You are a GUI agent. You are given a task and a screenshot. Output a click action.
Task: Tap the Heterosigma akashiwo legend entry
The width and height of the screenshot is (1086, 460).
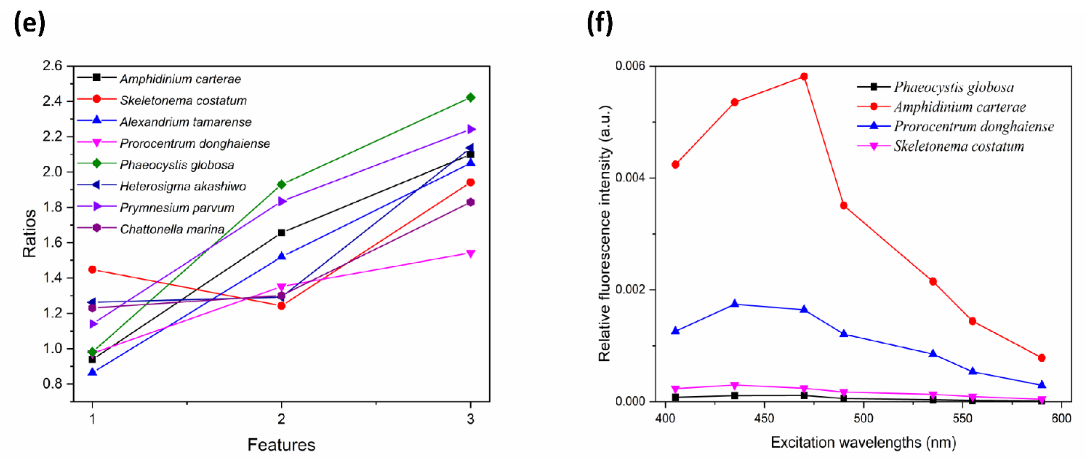point(182,186)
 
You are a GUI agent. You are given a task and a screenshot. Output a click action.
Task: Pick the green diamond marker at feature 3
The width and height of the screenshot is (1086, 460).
point(470,98)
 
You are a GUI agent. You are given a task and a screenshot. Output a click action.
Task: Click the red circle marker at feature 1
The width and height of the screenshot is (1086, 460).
point(92,269)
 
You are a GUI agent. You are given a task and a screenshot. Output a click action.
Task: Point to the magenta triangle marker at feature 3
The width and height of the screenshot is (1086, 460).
point(470,253)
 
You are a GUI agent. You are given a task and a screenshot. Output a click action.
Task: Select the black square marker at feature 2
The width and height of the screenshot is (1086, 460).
point(281,233)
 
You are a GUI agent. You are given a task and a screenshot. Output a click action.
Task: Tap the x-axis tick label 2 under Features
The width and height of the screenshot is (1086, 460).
point(281,419)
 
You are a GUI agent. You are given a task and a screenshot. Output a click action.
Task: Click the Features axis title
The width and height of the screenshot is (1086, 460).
point(281,445)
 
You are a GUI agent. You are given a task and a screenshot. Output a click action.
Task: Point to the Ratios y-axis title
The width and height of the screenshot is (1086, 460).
point(30,233)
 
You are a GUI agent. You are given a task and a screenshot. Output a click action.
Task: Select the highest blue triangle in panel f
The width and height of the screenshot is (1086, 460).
point(735,304)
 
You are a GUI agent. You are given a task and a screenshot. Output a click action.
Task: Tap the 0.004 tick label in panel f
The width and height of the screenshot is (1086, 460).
point(630,177)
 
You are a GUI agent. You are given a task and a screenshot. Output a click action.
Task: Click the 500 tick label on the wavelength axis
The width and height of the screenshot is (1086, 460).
point(863,418)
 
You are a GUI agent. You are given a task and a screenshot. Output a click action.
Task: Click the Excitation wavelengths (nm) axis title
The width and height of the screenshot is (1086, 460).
point(863,442)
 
